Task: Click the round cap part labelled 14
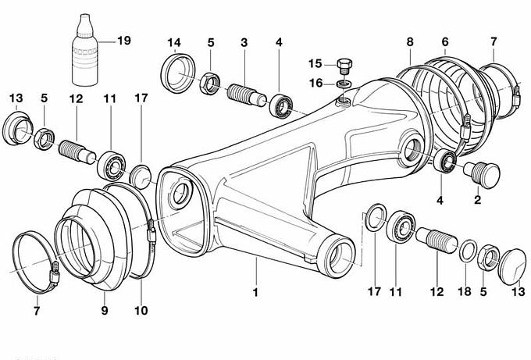pos(178,72)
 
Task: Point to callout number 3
pos(244,41)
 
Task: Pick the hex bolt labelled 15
pos(345,64)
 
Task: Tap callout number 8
pos(411,41)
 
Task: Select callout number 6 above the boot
pos(445,41)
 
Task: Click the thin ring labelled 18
pos(467,251)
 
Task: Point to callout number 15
pos(315,62)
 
